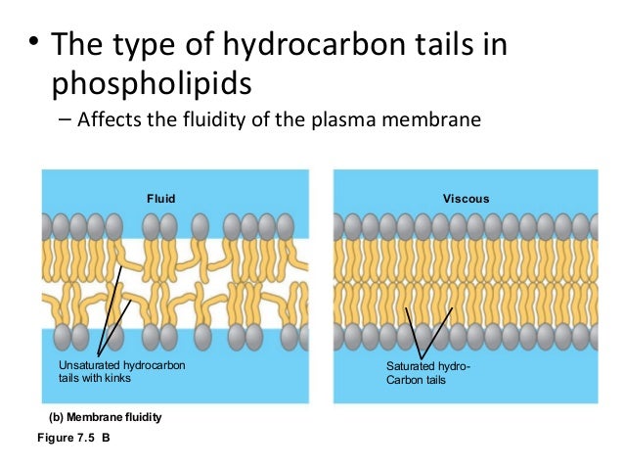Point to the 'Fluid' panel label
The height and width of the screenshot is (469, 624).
160,199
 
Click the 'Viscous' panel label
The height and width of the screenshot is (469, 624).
465,199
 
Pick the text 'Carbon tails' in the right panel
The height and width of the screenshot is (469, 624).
417,379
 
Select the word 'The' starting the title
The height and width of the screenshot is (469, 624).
78,47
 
